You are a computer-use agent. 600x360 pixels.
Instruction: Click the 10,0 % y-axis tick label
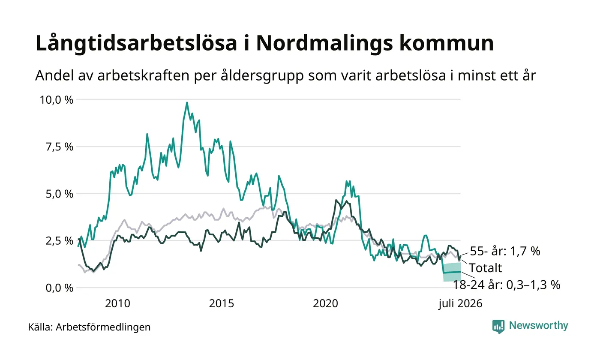point(56,100)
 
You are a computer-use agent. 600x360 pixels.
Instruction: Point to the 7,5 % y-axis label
point(59,147)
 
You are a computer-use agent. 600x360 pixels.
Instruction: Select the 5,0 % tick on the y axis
point(59,194)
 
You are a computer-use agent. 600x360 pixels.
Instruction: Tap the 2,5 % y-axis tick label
point(59,241)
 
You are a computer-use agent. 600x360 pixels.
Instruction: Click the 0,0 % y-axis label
point(59,288)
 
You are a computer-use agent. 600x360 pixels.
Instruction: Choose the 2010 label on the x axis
point(117,303)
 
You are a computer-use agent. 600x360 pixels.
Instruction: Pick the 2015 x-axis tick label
point(222,303)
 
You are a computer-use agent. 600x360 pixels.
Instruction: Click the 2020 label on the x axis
point(325,303)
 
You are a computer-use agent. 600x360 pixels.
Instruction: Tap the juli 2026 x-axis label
point(460,303)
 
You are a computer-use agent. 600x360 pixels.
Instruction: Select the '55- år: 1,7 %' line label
point(505,251)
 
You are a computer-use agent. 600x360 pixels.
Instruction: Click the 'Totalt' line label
point(485,268)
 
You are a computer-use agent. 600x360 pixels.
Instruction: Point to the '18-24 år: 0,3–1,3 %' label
point(507,285)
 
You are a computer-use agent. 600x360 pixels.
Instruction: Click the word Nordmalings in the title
point(324,43)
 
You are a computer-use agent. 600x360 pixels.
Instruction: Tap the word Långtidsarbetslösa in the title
point(136,43)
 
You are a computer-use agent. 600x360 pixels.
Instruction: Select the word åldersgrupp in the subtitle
point(262,76)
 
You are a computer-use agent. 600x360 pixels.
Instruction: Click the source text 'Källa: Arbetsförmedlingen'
point(89,327)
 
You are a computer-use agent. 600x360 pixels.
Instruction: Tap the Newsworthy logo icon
point(498,327)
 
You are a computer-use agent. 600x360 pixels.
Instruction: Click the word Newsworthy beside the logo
point(538,325)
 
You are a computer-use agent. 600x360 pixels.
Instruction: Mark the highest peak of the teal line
point(187,102)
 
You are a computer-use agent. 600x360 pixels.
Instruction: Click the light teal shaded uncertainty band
point(452,272)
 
